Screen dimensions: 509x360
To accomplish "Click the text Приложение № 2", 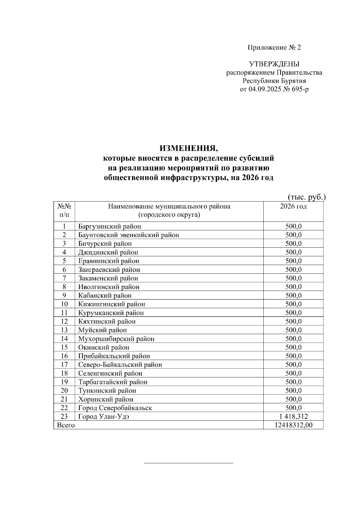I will coord(274,47).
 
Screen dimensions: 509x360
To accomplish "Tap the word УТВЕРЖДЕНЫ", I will coord(274,64).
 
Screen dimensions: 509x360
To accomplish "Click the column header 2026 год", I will coord(293,206).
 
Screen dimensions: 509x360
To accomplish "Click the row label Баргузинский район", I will coord(109,226).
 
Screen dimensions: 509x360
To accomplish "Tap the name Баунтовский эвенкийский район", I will coord(128,235).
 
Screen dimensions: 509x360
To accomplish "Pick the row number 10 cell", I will coord(64,304).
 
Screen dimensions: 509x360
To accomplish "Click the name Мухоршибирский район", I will coord(116,339).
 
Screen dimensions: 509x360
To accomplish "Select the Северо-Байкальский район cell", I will coord(120,365).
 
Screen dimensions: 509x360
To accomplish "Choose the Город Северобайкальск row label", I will coord(115,408).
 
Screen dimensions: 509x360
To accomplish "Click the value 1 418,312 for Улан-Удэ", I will coord(293,417).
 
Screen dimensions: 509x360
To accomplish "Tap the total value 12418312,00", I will coord(293,425).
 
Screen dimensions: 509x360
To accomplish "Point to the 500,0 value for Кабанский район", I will coord(293,296).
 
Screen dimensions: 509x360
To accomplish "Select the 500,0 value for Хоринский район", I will coord(293,399).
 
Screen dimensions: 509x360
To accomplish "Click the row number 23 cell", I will coord(64,417).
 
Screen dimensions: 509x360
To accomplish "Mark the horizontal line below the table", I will coord(188,463).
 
